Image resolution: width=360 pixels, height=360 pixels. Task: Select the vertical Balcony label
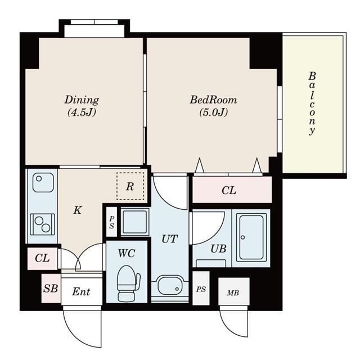click(312, 103)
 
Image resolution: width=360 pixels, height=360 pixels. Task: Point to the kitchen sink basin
click(43, 182)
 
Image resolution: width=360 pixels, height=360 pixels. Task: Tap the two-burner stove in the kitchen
click(43, 224)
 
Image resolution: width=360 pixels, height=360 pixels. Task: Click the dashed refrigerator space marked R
click(130, 186)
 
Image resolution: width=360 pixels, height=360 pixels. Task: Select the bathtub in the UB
click(251, 237)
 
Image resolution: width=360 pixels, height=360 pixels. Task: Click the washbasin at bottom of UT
click(169, 285)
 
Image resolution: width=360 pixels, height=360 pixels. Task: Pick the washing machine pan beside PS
click(135, 222)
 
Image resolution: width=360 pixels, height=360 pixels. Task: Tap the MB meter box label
click(233, 292)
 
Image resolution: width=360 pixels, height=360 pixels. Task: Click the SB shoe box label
click(51, 289)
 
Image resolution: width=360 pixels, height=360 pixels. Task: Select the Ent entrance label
click(81, 291)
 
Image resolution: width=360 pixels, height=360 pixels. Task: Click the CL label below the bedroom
click(229, 190)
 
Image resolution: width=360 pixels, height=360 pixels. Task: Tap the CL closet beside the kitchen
click(42, 258)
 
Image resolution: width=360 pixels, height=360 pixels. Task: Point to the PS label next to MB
click(201, 289)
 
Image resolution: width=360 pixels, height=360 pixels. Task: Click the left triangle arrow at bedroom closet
click(199, 165)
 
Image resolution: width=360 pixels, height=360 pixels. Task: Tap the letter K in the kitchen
click(78, 210)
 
